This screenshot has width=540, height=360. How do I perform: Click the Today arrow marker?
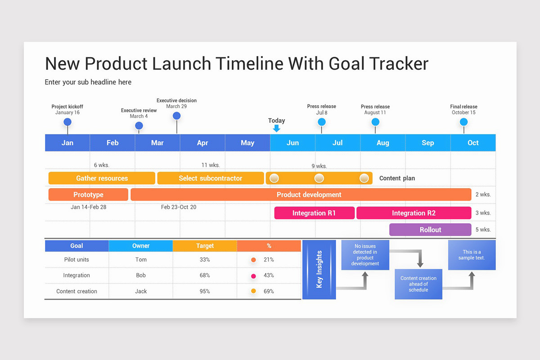tap(276, 128)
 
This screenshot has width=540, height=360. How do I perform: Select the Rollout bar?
tap(430, 229)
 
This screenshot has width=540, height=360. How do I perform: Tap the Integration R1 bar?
tap(314, 213)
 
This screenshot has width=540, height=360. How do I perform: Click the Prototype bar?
tap(88, 194)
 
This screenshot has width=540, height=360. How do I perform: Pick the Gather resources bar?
tap(102, 178)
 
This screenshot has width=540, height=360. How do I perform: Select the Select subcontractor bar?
tap(210, 178)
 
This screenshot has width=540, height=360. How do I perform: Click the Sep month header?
tap(427, 143)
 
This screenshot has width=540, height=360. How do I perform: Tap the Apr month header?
tap(202, 143)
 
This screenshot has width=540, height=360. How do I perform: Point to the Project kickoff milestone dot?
tap(67, 122)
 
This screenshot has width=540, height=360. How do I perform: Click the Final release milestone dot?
tap(464, 122)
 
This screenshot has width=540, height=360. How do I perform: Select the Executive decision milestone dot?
tap(177, 116)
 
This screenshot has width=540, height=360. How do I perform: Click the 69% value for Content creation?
tap(269, 291)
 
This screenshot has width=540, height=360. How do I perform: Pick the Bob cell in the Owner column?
tap(141, 275)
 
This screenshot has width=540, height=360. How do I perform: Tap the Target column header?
tap(205, 246)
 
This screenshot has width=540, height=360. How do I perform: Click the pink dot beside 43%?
tap(253, 276)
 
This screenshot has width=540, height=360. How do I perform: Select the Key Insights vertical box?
tap(319, 270)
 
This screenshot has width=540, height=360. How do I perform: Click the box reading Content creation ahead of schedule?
tap(418, 284)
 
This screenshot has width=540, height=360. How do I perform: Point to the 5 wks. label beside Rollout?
tap(483, 229)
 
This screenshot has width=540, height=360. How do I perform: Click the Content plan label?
tap(397, 178)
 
